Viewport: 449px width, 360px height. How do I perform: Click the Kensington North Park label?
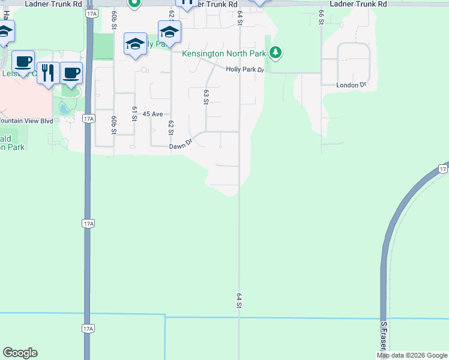click(x=224, y=53)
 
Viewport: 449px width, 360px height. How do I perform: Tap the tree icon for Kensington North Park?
click(x=276, y=53)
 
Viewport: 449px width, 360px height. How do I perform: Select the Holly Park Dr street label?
click(x=245, y=70)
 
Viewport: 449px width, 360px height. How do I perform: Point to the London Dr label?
click(x=351, y=85)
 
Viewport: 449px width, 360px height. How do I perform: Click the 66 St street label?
click(x=322, y=17)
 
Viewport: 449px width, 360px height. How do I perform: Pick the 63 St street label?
click(x=206, y=97)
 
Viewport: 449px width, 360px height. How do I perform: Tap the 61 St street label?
click(x=133, y=114)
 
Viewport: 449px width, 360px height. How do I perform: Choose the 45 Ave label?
click(x=153, y=114)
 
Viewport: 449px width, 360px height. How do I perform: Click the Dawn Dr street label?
click(x=179, y=145)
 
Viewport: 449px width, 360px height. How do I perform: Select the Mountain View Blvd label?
click(x=26, y=121)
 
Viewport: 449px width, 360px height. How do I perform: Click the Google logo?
click(x=20, y=353)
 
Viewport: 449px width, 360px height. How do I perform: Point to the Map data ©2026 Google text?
click(x=412, y=355)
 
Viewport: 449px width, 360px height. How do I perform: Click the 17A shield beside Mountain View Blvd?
click(x=88, y=119)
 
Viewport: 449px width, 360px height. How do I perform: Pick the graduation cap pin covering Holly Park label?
click(x=135, y=44)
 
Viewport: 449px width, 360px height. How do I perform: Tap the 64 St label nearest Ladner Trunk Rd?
click(x=240, y=17)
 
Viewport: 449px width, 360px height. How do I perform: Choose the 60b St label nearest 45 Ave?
click(x=112, y=124)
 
